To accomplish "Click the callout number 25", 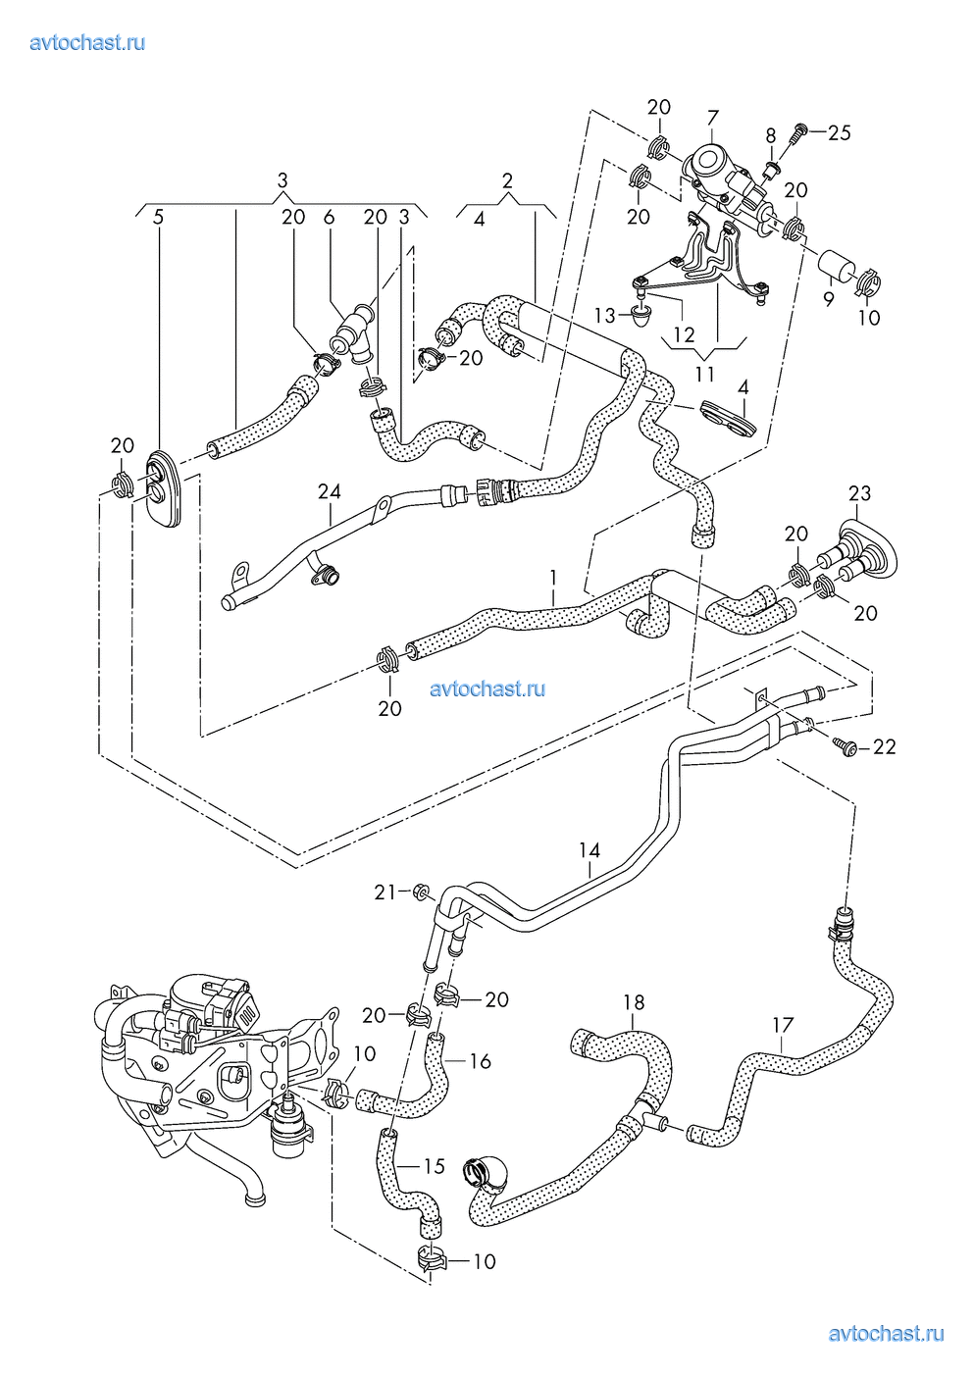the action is click(x=839, y=132).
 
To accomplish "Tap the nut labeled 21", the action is click(x=422, y=891).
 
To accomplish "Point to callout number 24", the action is click(x=330, y=491).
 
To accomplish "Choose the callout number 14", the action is click(x=590, y=850).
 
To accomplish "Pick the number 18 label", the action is click(x=634, y=1002).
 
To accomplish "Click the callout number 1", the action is click(x=553, y=578).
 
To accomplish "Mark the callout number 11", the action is click(x=705, y=374).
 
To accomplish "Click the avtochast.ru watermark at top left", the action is click(x=88, y=43).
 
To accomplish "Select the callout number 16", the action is click(x=480, y=1061).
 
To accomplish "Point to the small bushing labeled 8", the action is click(x=773, y=168).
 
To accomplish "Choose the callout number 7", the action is click(x=712, y=117).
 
